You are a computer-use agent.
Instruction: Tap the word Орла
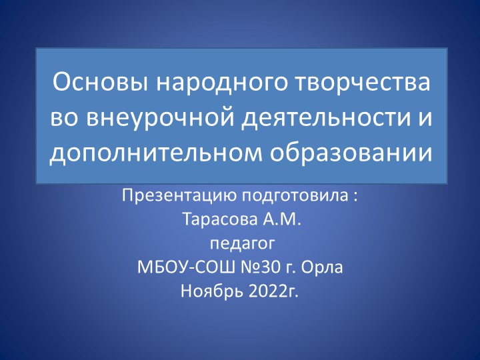(325, 269)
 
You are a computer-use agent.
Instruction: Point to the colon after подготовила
(355, 197)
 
